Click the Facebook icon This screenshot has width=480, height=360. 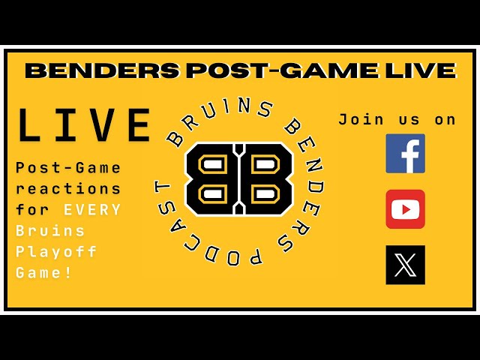pos(405,153)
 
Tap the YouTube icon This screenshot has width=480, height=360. pos(405,209)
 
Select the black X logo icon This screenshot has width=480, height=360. pos(405,265)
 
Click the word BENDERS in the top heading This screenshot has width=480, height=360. pos(103,70)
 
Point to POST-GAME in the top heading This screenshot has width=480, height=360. pos(282,70)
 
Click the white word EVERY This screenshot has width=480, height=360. pos(92,210)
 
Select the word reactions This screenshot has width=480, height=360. pos(68,188)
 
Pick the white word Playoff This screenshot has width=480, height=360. pos(56,252)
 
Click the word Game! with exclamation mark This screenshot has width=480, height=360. pos(43,272)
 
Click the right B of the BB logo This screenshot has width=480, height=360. pos(266,178)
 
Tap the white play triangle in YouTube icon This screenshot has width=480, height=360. pos(406,210)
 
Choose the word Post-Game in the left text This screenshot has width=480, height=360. pos(68,168)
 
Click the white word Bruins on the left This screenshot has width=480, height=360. pos(50,230)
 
